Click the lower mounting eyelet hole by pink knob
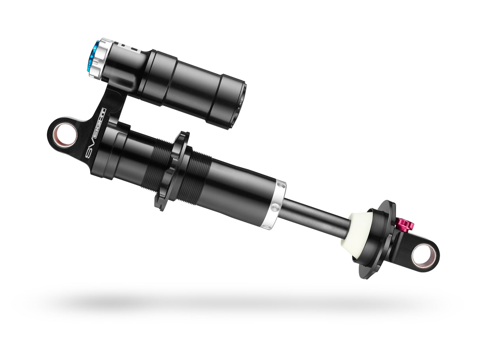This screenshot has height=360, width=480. pyautogui.click(x=423, y=255)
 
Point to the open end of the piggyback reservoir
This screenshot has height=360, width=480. pyautogui.click(x=239, y=104)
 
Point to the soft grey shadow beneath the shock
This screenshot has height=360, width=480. pyautogui.click(x=237, y=303)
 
